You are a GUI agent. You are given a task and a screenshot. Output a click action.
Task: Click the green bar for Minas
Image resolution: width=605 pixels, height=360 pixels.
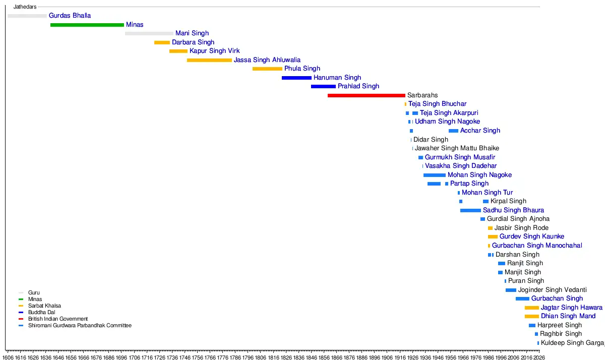[x=87, y=25]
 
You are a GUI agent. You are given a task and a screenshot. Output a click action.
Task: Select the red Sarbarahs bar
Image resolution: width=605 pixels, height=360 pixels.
[x=366, y=95]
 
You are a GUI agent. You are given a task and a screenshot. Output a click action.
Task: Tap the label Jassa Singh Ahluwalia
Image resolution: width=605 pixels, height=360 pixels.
[x=267, y=60]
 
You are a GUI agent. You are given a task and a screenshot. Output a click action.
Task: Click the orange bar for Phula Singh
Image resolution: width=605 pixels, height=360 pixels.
[x=267, y=69]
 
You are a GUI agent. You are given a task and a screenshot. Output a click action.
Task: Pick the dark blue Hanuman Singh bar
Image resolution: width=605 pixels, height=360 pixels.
[x=296, y=78]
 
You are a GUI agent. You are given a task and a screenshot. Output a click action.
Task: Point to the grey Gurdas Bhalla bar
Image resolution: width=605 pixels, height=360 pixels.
[x=27, y=16]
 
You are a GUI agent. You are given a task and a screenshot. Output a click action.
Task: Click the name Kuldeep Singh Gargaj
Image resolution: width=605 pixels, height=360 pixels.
[x=572, y=343]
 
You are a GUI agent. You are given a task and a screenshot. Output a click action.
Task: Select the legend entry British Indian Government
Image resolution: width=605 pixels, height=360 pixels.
[x=58, y=319]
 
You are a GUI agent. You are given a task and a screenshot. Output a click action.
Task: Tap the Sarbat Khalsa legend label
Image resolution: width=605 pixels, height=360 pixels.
[x=44, y=306]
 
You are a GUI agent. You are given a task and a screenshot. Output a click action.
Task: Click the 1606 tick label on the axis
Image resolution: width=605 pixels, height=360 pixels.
[x=8, y=357]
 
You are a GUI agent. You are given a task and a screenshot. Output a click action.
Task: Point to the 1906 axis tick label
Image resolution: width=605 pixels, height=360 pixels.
[x=387, y=357]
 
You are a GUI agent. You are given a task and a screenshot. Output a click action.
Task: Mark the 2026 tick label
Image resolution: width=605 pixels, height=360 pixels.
[x=538, y=357]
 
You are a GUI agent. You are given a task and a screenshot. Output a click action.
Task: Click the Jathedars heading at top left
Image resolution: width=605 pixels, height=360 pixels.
[x=25, y=7]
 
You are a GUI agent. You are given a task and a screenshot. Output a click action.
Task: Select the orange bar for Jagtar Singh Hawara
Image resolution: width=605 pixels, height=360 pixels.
[x=531, y=308]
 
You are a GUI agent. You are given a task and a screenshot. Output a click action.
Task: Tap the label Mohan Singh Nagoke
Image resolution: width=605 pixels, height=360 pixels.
[x=479, y=175]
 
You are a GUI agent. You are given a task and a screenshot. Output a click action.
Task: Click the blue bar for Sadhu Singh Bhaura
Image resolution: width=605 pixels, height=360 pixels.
[x=470, y=210]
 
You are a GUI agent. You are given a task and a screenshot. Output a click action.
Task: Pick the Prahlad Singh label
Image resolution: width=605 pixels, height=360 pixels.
[x=358, y=86]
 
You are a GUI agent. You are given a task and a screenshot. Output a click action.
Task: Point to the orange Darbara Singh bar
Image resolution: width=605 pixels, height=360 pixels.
[x=162, y=42]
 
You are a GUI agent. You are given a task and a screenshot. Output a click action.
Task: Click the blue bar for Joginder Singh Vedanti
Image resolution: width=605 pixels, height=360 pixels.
[x=511, y=290]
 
